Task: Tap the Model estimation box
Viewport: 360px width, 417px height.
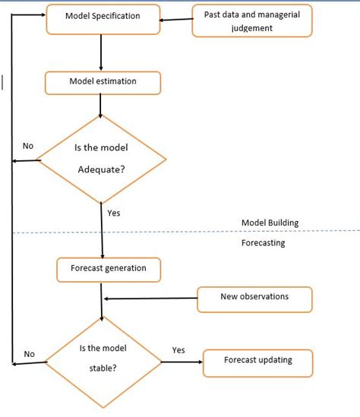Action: click(x=103, y=82)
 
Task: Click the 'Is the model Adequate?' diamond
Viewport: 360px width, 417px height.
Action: click(x=102, y=159)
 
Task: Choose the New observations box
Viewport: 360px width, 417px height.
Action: click(x=254, y=297)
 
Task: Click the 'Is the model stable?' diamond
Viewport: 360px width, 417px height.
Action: click(x=103, y=360)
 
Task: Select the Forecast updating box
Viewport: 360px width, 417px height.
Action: click(x=257, y=361)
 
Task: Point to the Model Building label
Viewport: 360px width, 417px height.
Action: click(x=270, y=223)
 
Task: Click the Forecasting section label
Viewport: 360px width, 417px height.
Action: click(x=263, y=243)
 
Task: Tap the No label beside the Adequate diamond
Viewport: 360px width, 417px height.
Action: click(x=28, y=145)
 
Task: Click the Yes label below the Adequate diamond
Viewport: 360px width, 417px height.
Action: click(x=114, y=213)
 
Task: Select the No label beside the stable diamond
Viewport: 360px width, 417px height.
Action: click(x=30, y=353)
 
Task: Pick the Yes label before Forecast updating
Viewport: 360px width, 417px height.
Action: click(x=178, y=350)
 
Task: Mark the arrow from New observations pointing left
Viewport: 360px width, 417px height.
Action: click(x=150, y=297)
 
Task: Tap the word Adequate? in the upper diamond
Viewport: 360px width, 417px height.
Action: click(x=102, y=169)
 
